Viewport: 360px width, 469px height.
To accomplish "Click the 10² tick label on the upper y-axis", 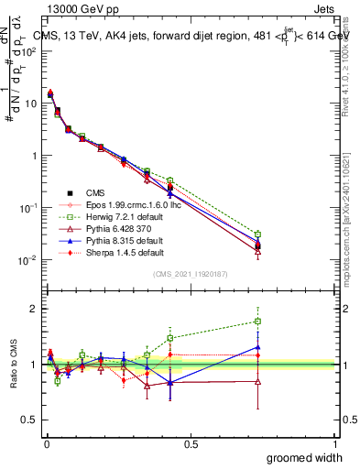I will pos(26,51).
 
